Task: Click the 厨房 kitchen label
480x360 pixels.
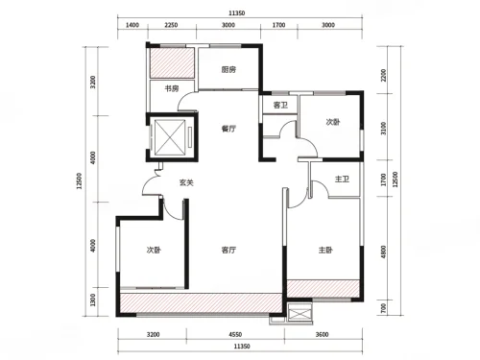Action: click(228, 69)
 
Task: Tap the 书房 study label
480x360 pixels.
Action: click(172, 88)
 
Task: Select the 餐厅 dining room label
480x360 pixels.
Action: click(228, 129)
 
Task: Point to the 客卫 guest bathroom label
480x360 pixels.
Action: click(280, 105)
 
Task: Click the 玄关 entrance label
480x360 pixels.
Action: click(186, 182)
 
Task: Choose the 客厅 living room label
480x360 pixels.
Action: click(228, 250)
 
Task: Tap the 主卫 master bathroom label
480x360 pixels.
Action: click(342, 179)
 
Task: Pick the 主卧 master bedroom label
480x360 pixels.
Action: click(325, 250)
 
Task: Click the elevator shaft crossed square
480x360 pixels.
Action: click(170, 137)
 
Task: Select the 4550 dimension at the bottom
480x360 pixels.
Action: click(235, 335)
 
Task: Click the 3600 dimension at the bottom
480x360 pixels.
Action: click(322, 335)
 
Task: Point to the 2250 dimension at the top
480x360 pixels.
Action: click(171, 25)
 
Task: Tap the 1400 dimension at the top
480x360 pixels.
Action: click(132, 25)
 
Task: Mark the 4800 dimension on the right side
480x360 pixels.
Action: click(384, 252)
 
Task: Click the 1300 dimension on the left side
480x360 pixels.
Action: click(93, 300)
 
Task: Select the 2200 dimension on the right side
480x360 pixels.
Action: click(384, 75)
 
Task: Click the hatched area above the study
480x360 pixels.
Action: click(172, 62)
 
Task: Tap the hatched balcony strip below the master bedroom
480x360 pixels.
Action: click(324, 289)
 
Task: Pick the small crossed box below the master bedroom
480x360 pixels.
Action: click(300, 311)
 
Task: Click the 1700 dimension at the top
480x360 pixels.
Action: click(278, 25)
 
